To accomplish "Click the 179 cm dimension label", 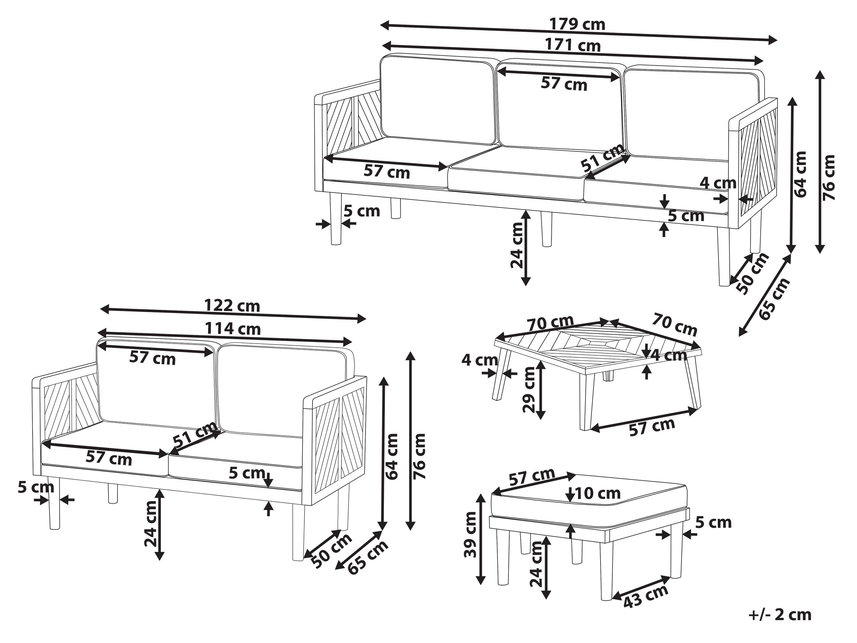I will click(x=577, y=25).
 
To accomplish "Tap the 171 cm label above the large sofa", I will click(x=573, y=46).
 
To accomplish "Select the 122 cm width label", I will click(x=232, y=306).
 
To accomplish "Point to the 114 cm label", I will click(x=232, y=329).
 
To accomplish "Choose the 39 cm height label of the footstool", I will click(x=470, y=534).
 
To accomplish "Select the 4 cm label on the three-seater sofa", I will click(x=718, y=183).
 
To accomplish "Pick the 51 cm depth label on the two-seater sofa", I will click(x=195, y=434).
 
